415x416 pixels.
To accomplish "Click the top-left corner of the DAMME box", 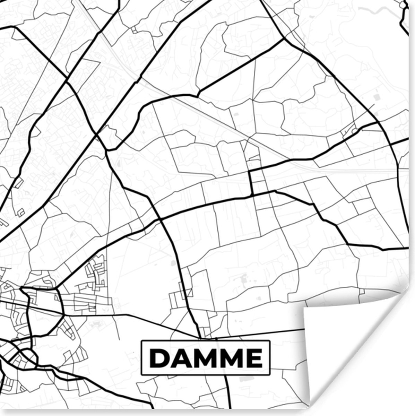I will pyautogui.click(x=141, y=341).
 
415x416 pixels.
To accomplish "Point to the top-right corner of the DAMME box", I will pyautogui.click(x=270, y=341).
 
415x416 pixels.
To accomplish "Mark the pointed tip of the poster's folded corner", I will pyautogui.click(x=304, y=308).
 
